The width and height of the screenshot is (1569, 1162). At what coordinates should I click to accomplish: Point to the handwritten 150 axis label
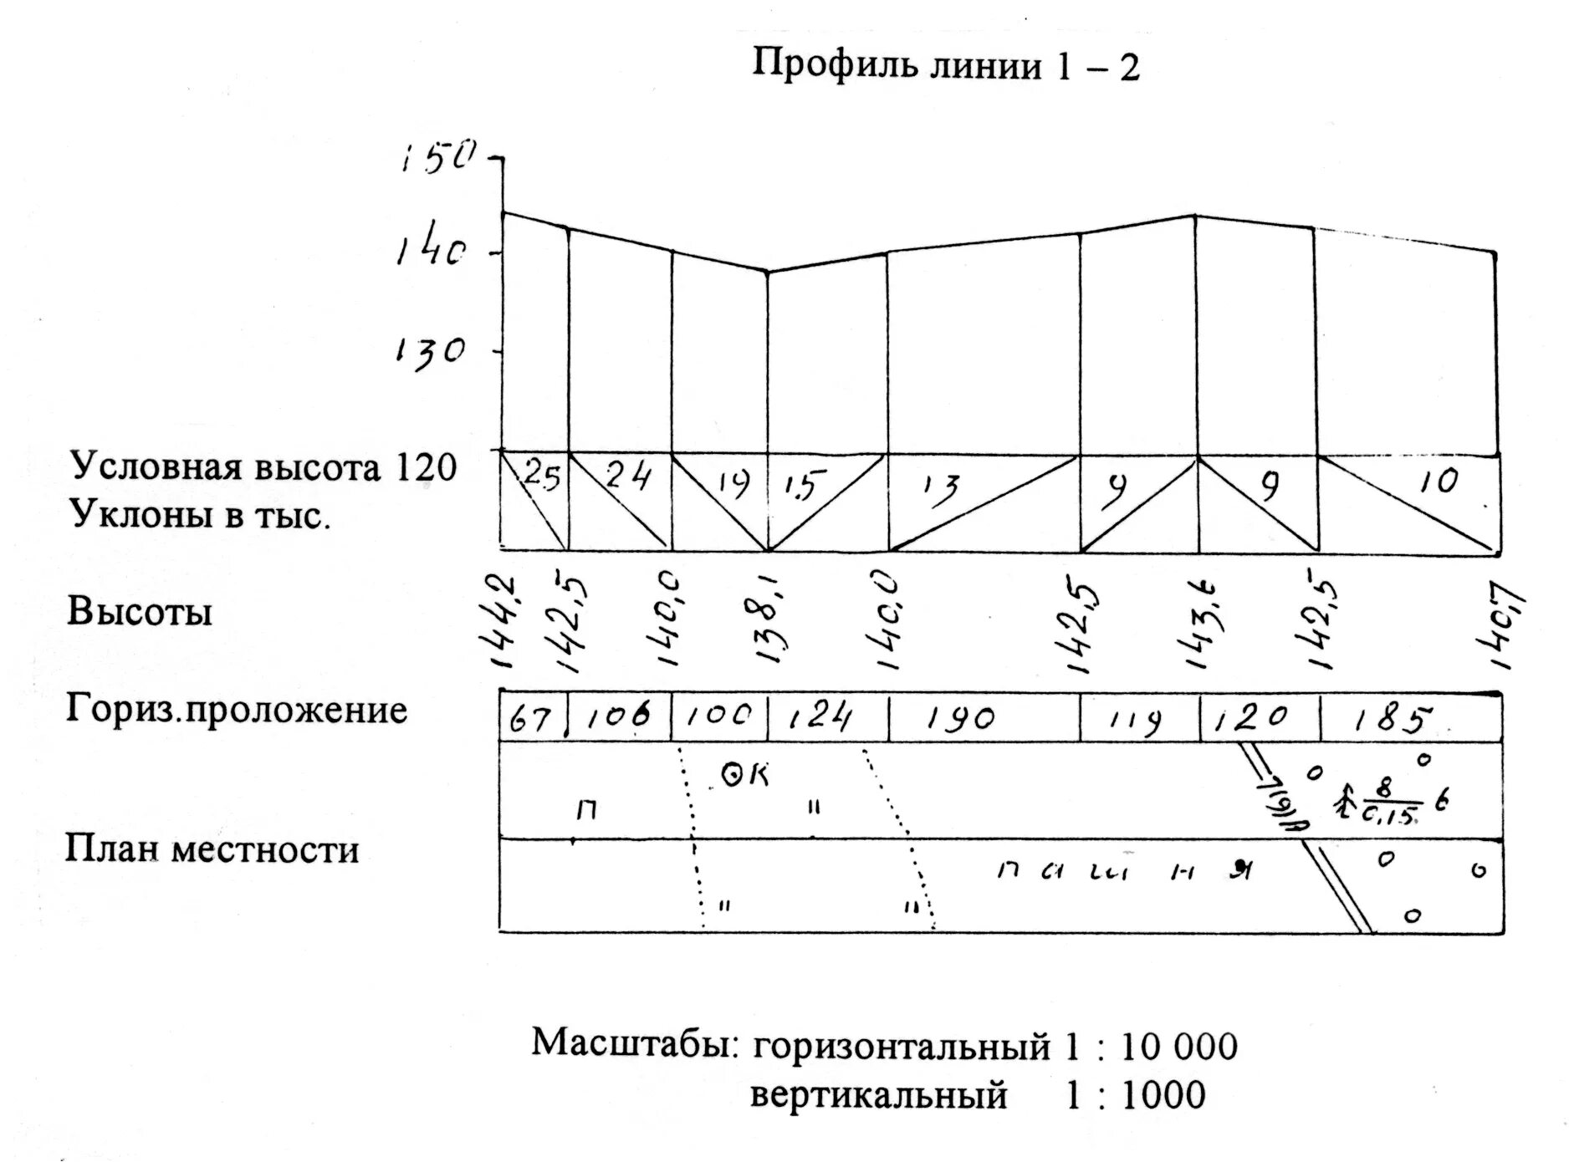pyautogui.click(x=437, y=156)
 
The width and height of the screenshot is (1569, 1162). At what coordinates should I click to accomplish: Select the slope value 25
pyautogui.click(x=541, y=477)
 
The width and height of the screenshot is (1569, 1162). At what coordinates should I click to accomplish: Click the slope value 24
pyautogui.click(x=626, y=477)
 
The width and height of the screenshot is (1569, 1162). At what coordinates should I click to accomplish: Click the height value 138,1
pyautogui.click(x=770, y=619)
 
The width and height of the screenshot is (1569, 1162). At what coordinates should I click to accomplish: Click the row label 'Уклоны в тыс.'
pyautogui.click(x=201, y=516)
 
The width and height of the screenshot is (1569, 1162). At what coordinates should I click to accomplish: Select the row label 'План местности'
pyautogui.click(x=212, y=849)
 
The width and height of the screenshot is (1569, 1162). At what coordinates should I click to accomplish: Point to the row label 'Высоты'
pyautogui.click(x=140, y=612)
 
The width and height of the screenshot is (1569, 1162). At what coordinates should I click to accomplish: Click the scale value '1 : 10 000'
pyautogui.click(x=1151, y=1047)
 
